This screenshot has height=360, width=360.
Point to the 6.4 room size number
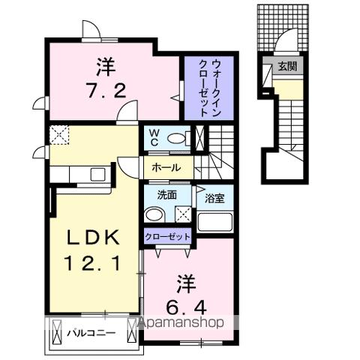[x=185, y=305]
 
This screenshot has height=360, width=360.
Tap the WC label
[x=153, y=138]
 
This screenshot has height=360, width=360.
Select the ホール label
[x=166, y=167]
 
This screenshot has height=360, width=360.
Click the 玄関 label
[x=287, y=67]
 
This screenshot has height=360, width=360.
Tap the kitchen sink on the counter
[x=98, y=174]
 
